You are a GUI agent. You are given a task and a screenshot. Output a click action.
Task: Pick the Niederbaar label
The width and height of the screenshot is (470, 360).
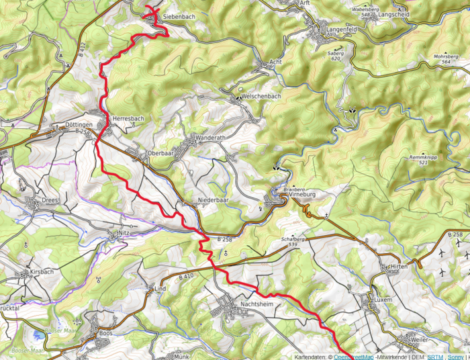(214, 200)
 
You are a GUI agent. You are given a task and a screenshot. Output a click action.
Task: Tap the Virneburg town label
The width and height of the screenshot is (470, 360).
(299, 193)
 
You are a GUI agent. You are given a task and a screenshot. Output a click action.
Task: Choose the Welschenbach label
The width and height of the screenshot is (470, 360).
(261, 95)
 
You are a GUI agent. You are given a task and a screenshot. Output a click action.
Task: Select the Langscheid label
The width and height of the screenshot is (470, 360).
(395, 13)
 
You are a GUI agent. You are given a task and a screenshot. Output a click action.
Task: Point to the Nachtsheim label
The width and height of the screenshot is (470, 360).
(257, 304)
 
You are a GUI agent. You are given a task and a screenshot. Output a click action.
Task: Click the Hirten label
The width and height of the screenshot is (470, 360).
(399, 267)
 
